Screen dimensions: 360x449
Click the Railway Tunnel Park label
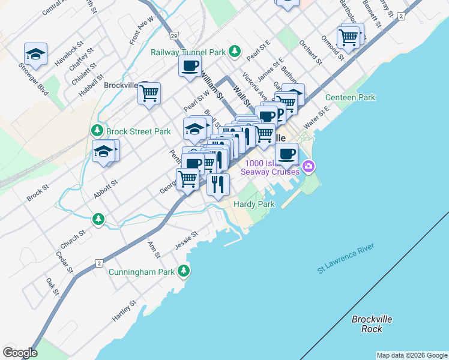point(188,52)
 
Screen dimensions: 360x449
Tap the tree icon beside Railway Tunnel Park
point(237,52)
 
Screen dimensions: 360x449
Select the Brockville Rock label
point(372,324)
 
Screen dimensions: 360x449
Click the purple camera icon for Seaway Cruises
point(309,166)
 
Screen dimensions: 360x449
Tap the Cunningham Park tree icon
point(184,272)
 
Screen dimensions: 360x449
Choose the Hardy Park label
point(254,204)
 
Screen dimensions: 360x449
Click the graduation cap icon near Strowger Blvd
point(35,53)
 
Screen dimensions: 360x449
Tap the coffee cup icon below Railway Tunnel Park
point(190,66)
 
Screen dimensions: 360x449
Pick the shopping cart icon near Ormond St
point(348,37)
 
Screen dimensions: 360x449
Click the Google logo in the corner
point(20,353)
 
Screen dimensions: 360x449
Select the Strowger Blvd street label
point(33,79)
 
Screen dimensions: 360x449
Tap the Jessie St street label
point(186,241)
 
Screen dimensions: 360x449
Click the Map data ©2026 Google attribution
point(412,355)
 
